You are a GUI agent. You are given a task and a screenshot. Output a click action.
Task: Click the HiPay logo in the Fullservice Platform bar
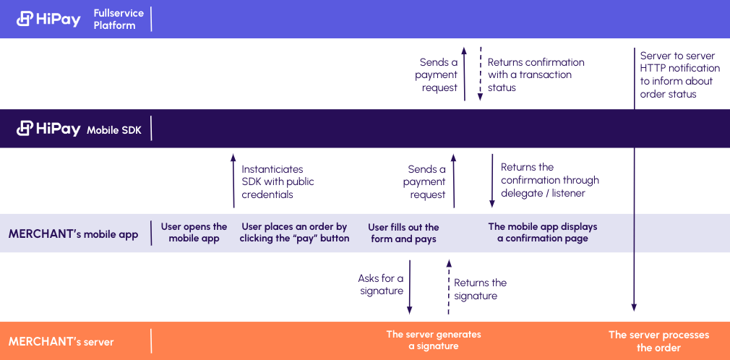coord(48,19)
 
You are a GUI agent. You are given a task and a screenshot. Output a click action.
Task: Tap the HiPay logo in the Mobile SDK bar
coord(48,129)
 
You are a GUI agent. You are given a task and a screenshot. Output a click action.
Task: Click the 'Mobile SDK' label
coord(113,130)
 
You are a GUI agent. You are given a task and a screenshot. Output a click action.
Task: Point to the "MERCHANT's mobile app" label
coord(73,233)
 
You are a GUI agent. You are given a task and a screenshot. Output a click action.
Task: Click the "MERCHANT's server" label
coord(61,341)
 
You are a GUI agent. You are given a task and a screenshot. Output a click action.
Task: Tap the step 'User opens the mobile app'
coord(194,233)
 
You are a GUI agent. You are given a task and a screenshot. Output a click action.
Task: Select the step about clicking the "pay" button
coord(294,233)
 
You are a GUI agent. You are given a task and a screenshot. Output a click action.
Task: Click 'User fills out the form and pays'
coord(403,233)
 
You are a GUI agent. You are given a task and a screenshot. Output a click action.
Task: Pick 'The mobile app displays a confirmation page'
coord(542,233)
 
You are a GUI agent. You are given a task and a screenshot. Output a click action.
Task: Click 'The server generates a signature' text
coord(434,340)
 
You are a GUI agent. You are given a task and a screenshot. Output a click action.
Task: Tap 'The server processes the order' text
coord(658,341)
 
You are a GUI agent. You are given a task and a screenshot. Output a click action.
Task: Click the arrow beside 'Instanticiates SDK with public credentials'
coord(233,181)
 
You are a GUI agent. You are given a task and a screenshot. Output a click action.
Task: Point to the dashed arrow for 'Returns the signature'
coord(449,287)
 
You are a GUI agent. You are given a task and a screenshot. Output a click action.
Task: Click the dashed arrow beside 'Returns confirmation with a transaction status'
coord(481,74)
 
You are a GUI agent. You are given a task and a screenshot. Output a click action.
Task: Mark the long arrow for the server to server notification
coord(634,179)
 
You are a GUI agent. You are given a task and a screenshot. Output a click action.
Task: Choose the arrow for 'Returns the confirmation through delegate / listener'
coord(492,181)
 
